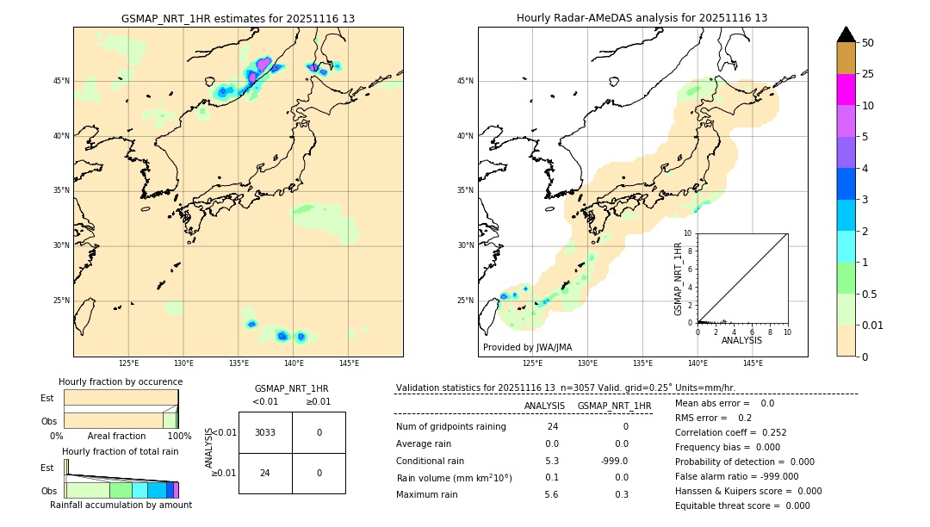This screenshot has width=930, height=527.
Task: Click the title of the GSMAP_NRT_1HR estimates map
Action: click(x=238, y=18)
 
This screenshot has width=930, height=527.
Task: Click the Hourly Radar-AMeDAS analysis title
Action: click(x=642, y=18)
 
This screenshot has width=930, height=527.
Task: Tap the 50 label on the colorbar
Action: click(x=868, y=42)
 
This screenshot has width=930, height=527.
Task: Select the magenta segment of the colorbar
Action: click(x=846, y=90)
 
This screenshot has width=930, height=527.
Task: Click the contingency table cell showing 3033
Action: click(x=265, y=432)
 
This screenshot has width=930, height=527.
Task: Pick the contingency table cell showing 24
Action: click(x=265, y=473)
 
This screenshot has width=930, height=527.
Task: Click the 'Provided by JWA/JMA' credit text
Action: click(x=527, y=348)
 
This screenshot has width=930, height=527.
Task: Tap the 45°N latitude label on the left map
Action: click(x=61, y=81)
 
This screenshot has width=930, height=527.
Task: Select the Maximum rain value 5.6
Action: click(x=551, y=494)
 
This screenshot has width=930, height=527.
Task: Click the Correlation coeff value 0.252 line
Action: click(x=730, y=432)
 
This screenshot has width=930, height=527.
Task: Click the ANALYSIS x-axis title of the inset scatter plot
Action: click(x=741, y=341)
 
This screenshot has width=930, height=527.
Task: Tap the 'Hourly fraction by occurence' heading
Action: click(x=121, y=381)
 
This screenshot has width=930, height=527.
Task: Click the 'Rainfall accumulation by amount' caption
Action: click(x=121, y=505)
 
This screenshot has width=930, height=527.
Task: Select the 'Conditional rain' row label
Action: click(x=431, y=460)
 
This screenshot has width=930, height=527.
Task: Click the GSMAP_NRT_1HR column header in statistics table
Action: click(x=614, y=406)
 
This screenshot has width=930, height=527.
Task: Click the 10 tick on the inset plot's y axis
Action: click(x=688, y=233)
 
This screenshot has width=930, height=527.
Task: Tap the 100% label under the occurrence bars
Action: click(x=179, y=436)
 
